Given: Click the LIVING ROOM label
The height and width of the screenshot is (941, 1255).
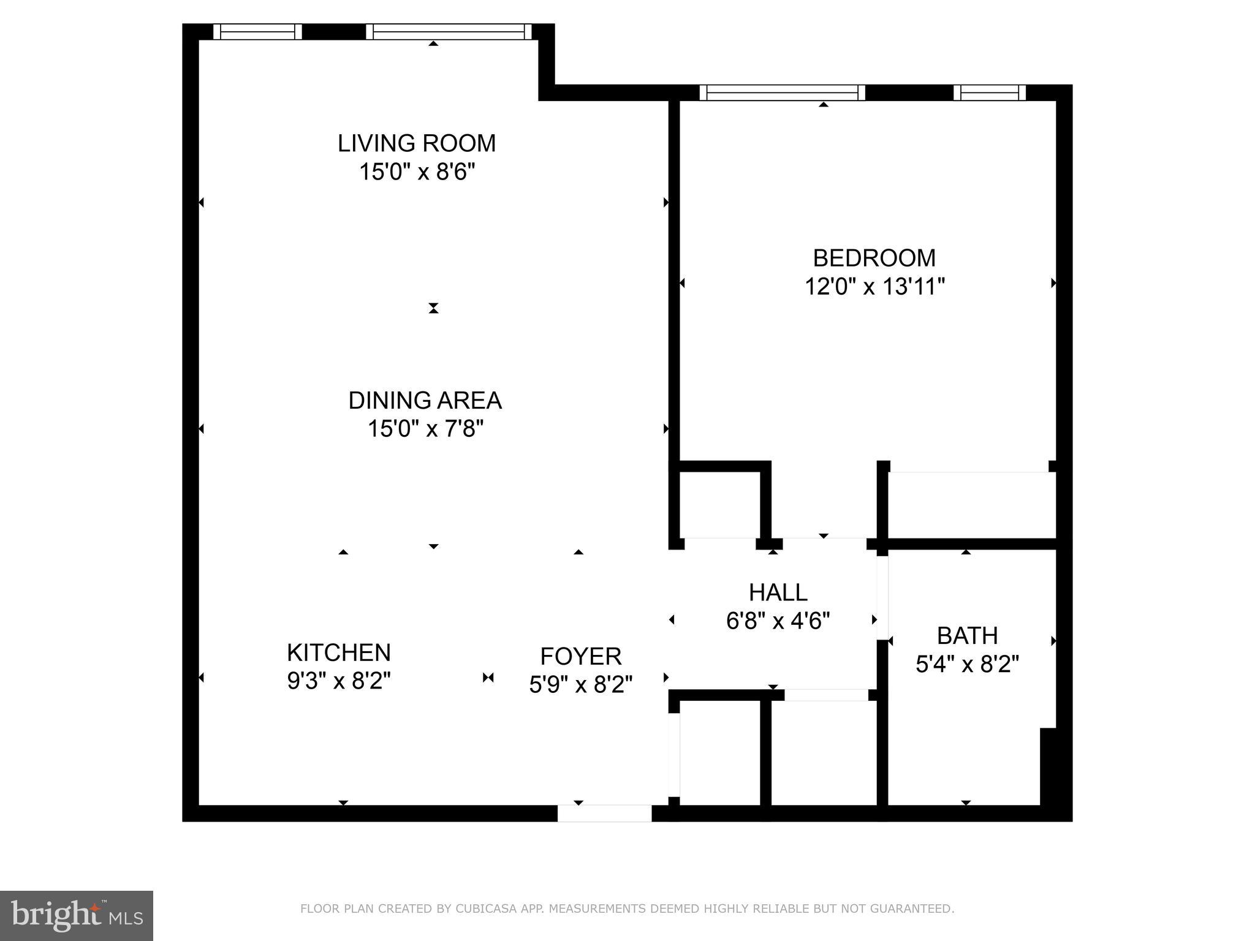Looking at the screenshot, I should [x=417, y=143].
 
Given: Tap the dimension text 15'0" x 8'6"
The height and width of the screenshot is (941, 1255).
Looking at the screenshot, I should [x=417, y=172].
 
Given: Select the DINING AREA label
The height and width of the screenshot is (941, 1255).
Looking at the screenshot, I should [x=425, y=401].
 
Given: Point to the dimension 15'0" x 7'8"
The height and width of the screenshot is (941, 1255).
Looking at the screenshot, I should [x=425, y=429].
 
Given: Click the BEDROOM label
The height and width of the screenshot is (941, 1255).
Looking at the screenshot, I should [x=874, y=258].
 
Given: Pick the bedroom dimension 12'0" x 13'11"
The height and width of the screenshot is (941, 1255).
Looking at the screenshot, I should [x=874, y=286].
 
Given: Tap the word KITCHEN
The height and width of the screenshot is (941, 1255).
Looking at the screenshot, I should [x=338, y=652].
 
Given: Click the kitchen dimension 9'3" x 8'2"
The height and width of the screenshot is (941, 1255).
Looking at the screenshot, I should [x=339, y=681].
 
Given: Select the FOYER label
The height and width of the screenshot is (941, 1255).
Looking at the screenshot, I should [x=580, y=656].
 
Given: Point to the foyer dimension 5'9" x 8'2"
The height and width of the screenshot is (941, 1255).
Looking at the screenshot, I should [x=580, y=684].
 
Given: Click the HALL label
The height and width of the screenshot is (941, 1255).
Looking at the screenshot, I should [x=778, y=592].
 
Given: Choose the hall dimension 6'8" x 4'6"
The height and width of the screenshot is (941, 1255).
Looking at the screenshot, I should [x=778, y=621].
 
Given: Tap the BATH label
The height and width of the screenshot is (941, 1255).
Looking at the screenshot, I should [x=967, y=636].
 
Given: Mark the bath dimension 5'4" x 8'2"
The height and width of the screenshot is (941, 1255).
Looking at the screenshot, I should [x=967, y=664].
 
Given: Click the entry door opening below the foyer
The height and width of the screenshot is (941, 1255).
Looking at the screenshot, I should [x=604, y=813].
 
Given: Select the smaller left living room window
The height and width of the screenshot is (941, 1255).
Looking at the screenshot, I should [x=257, y=32].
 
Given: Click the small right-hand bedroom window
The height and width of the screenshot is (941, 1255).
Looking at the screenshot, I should [x=989, y=93].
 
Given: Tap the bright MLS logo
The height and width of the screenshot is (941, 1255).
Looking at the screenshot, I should [x=77, y=915].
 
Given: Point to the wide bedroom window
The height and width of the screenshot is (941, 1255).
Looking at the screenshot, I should [x=783, y=93].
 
